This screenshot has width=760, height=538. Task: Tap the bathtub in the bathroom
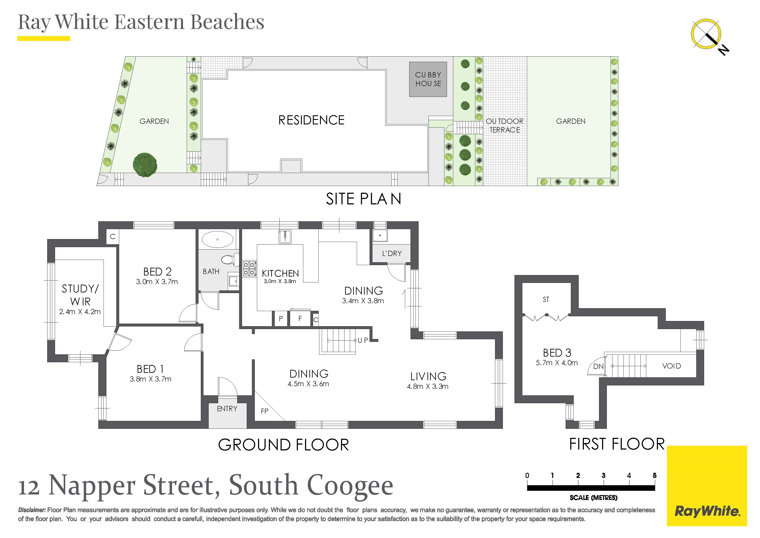(218, 239)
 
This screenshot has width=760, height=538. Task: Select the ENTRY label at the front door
(227, 409)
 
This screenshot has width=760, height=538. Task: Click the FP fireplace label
(265, 411)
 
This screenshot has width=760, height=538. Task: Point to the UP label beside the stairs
(363, 340)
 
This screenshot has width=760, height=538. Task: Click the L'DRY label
(391, 253)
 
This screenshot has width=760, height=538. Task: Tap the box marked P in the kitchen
(281, 319)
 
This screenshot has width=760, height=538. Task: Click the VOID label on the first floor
(672, 366)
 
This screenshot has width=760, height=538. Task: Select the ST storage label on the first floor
(546, 300)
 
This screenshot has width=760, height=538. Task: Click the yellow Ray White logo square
(707, 486)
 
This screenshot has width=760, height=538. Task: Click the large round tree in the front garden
(145, 165)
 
